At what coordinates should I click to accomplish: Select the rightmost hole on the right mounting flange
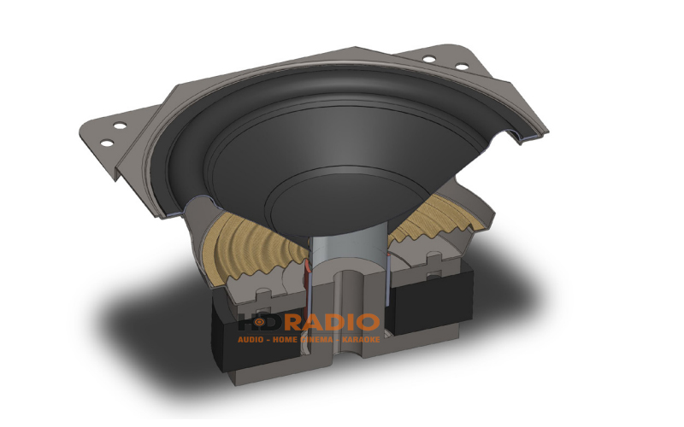point(463,66)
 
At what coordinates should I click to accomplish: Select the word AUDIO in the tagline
point(254,340)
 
